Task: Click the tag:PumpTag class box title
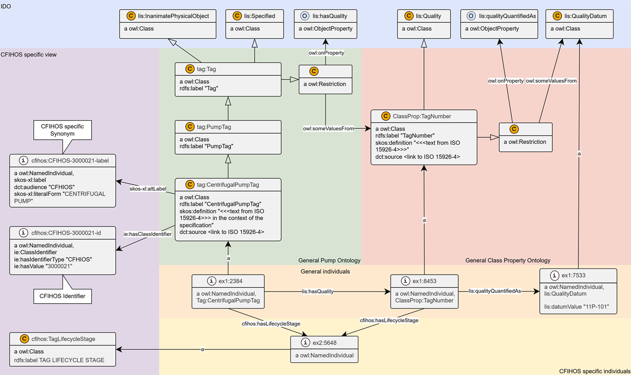pyautogui.click(x=214, y=127)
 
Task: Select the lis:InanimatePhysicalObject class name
pyautogui.click(x=173, y=16)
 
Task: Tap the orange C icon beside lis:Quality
pyautogui.click(x=409, y=16)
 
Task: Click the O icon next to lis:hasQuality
pyautogui.click(x=304, y=16)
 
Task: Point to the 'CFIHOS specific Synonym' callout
pyautogui.click(x=63, y=130)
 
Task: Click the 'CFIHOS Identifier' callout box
pyautogui.click(x=63, y=296)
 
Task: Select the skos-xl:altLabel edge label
pyautogui.click(x=148, y=188)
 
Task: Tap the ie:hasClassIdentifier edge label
pyautogui.click(x=147, y=234)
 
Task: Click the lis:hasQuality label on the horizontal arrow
pyautogui.click(x=318, y=292)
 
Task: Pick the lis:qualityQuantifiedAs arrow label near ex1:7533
pyautogui.click(x=494, y=291)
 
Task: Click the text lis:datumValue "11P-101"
pyautogui.click(x=576, y=307)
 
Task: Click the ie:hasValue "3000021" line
pyautogui.click(x=43, y=266)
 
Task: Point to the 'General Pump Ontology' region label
pyautogui.click(x=329, y=260)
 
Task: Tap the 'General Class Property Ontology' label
pyautogui.click(x=508, y=260)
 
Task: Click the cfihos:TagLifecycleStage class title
pyautogui.click(x=63, y=339)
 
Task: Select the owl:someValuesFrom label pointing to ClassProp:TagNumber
pyautogui.click(x=328, y=128)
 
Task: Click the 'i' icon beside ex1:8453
pyautogui.click(x=405, y=281)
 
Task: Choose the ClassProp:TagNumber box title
pyautogui.click(x=422, y=116)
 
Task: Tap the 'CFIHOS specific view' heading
pyautogui.click(x=28, y=54)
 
